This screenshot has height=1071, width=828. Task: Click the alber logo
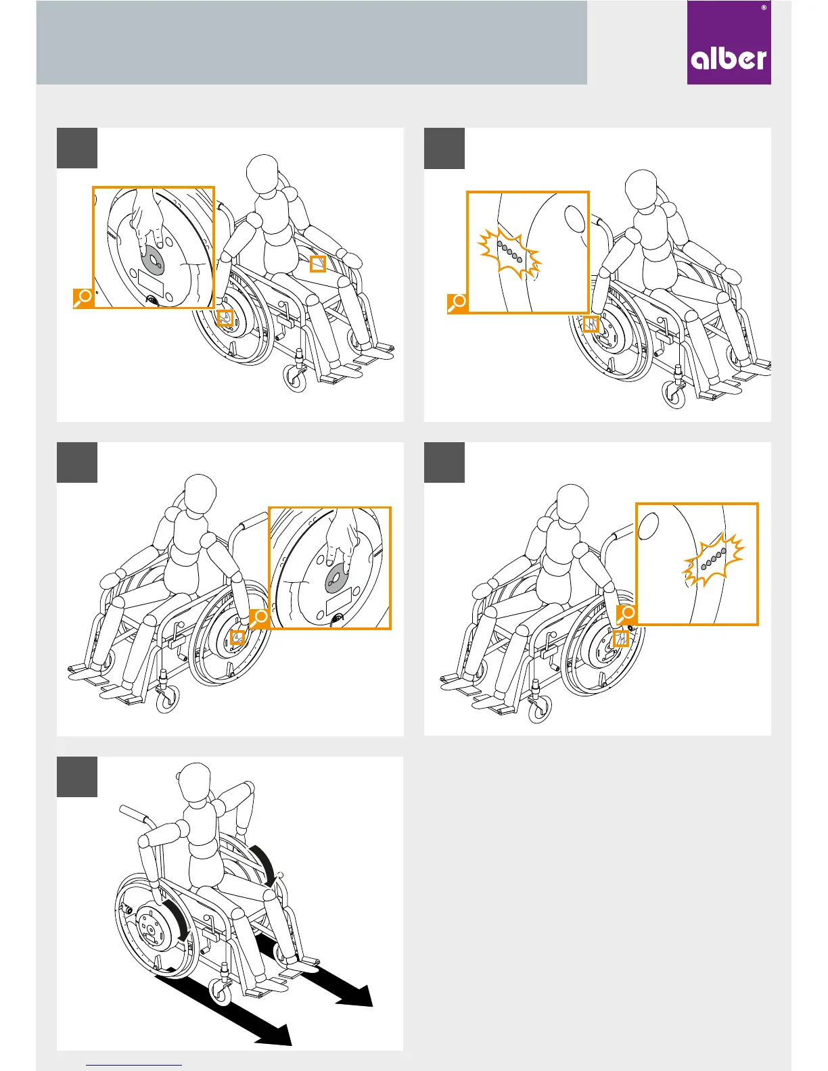(729, 43)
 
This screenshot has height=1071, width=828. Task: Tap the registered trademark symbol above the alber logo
(764, 7)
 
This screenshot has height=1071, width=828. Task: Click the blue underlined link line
(134, 1065)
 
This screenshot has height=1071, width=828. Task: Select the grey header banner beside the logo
(311, 43)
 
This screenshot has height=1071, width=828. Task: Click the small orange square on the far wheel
(318, 264)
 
